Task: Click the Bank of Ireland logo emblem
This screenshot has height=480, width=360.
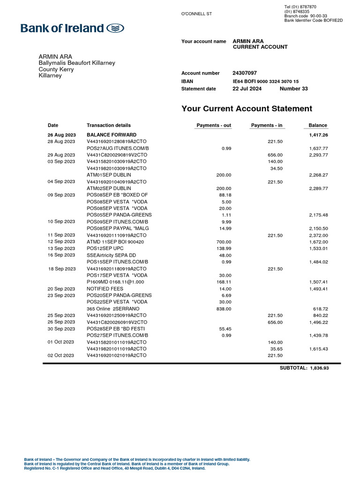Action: pos(115,29)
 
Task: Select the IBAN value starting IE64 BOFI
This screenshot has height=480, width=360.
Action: pos(265,81)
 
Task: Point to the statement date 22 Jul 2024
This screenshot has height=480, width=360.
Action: pos(248,89)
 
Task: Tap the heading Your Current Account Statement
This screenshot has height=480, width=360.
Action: pos(247,109)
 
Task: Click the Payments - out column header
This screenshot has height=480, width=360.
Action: pos(214,125)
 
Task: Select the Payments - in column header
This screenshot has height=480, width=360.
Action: pos(267,125)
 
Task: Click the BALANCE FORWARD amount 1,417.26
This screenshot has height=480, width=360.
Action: pos(318,135)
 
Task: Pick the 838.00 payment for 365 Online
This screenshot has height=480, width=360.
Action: pos(224,309)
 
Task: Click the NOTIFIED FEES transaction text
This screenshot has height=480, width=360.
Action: pos(104,289)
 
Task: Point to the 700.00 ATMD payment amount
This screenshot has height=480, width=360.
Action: pos(224,242)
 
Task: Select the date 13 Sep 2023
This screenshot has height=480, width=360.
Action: pos(61,248)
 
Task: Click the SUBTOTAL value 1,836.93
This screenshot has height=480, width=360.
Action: pos(319,368)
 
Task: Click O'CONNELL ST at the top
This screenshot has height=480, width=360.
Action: pos(196,14)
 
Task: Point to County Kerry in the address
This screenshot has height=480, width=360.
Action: pos(56,69)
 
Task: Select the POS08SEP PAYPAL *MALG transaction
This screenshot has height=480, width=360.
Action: pos(117,228)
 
